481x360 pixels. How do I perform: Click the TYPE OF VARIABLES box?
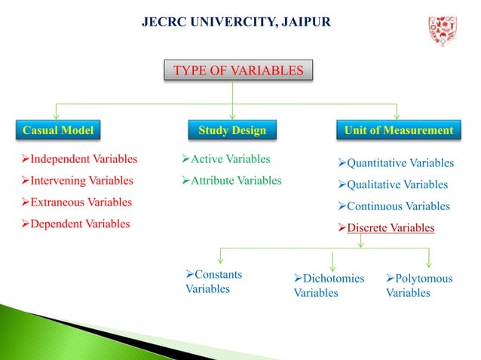(x=238, y=72)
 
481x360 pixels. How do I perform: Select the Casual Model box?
(x=57, y=130)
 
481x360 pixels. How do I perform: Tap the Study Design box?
(x=232, y=130)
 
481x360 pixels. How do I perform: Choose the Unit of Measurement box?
(x=399, y=130)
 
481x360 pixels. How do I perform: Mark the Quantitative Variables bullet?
(x=394, y=163)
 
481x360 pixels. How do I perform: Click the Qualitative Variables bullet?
(x=391, y=185)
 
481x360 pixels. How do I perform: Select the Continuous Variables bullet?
(x=392, y=206)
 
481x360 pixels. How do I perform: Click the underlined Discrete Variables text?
(x=390, y=227)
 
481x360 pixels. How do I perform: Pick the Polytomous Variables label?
(x=419, y=285)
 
